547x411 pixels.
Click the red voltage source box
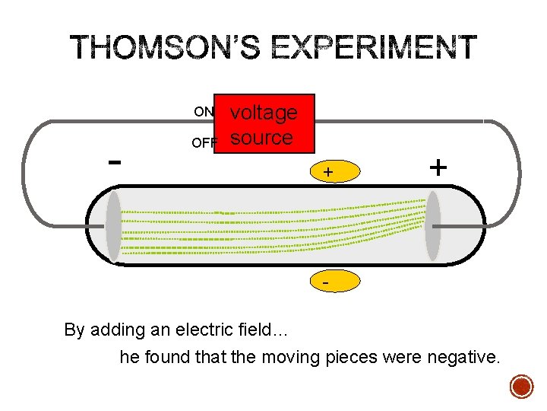(264, 124)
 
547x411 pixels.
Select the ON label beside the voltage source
(203, 112)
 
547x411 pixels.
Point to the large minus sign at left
(115, 161)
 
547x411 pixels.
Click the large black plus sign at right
(438, 167)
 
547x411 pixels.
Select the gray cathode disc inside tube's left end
(114, 226)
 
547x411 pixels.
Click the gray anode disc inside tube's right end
(432, 226)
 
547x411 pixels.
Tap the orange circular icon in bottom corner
(522, 387)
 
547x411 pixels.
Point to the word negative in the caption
(463, 356)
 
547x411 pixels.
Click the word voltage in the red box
(264, 113)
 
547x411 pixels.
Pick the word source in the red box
(261, 138)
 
